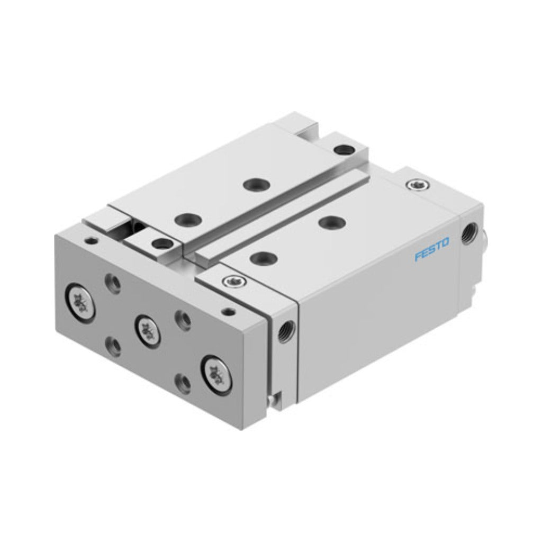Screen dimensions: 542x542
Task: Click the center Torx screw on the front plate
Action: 148,331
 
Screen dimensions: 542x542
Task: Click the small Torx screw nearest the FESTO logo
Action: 419,185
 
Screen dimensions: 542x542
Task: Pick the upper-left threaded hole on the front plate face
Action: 113,283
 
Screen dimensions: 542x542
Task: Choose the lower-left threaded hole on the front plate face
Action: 113,346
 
